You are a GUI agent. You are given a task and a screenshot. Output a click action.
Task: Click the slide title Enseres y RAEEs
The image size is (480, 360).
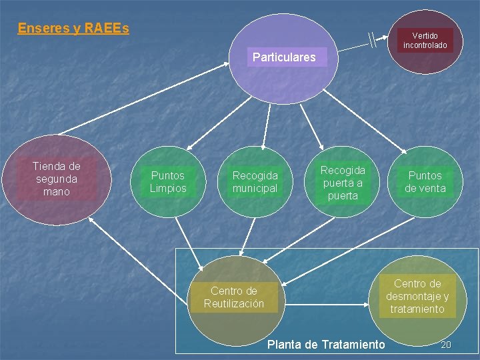click(x=73, y=28)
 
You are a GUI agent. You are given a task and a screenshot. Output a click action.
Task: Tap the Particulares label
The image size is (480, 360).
click(x=284, y=57)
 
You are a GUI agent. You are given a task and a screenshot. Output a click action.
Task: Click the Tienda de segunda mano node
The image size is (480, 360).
click(x=57, y=179)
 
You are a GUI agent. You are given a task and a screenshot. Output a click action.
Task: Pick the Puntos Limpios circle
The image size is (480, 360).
click(x=168, y=182)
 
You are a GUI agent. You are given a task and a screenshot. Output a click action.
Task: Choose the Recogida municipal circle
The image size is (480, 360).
click(x=255, y=182)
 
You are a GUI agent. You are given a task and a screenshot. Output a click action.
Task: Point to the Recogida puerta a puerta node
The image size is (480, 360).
click(x=343, y=183)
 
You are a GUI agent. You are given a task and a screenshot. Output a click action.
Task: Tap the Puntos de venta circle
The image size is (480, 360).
click(x=425, y=182)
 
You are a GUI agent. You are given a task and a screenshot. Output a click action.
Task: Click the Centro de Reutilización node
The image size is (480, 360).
click(x=233, y=297)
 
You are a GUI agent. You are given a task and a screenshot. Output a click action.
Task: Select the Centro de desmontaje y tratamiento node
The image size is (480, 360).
click(x=417, y=297)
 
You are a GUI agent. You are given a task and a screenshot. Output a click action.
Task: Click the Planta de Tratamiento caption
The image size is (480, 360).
click(x=325, y=344)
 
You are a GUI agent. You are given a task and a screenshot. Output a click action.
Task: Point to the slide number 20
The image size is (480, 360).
click(x=446, y=344)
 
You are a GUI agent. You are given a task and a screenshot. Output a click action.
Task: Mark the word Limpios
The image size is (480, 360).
click(x=168, y=189)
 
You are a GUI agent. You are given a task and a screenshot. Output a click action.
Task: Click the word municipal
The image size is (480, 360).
click(x=255, y=189)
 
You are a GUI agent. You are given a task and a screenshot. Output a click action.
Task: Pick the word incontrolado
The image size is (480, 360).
click(x=425, y=45)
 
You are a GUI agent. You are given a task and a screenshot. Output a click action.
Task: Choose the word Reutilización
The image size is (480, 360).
click(x=233, y=304)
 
